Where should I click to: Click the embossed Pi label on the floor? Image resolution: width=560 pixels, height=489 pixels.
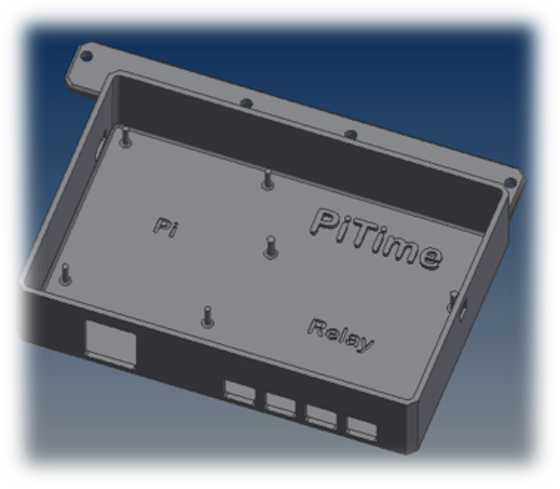pos(166,227)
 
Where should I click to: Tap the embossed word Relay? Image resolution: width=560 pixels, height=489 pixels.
pos(341,334)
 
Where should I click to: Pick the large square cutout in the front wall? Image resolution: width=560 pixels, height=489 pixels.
pos(109,341)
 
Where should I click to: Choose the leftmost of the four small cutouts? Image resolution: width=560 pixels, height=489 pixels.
pos(239,390)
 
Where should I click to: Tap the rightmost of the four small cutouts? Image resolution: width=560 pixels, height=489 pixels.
pos(362,429)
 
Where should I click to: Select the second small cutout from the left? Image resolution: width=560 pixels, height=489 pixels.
pos(280,403)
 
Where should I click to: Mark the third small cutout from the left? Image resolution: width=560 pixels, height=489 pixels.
pos(321,416)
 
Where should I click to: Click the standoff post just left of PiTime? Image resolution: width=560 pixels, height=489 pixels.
pos(270,247)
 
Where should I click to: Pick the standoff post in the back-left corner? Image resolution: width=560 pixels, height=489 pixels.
pos(126,140)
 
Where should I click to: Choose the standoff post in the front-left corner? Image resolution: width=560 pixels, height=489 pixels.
pos(64,274)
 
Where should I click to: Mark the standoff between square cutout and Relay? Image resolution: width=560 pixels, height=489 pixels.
pos(206,315)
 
